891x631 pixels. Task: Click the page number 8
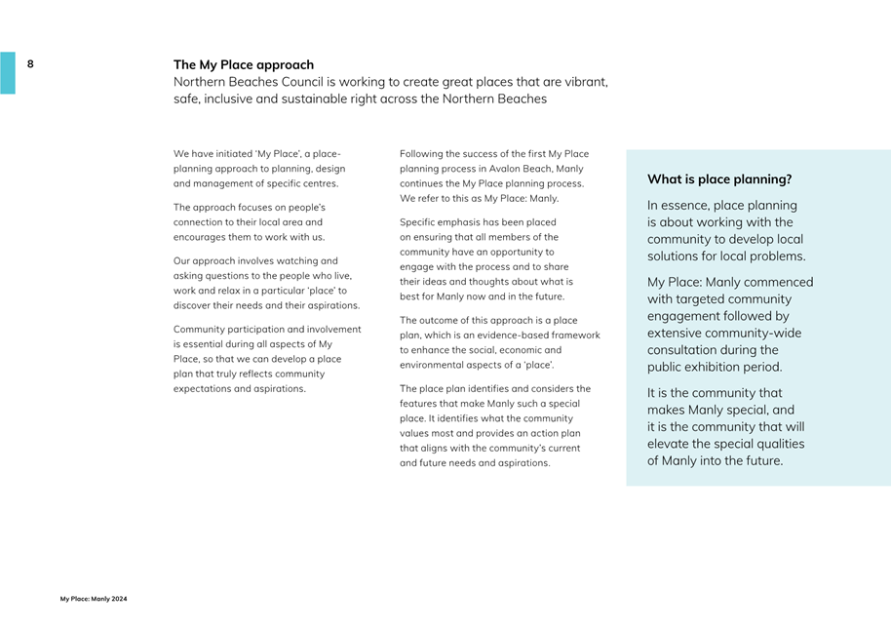(30, 64)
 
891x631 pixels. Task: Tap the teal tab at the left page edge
(7, 73)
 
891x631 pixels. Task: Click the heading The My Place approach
(244, 65)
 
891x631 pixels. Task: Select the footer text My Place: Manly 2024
(94, 599)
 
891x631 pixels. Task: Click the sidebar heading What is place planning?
(719, 179)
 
